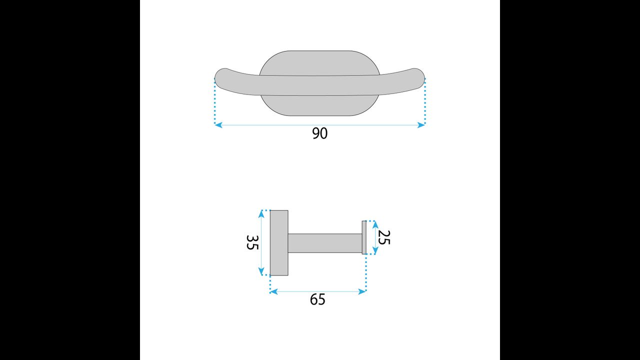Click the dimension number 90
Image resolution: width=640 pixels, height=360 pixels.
tap(319, 133)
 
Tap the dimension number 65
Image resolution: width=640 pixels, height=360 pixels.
tap(317, 299)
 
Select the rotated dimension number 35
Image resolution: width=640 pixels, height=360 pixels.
tap(252, 242)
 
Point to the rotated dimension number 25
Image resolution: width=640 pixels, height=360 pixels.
tap(383, 237)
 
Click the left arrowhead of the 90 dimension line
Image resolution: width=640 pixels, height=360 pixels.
tap(218, 125)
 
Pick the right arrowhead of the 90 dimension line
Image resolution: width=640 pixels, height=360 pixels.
tap(421, 125)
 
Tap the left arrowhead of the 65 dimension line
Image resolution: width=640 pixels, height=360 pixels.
tap(273, 291)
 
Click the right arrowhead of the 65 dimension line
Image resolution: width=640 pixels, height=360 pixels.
tap(362, 291)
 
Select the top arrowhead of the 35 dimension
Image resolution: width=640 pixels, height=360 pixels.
tap(261, 214)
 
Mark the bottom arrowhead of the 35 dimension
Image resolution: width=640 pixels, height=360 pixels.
tap(261, 271)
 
